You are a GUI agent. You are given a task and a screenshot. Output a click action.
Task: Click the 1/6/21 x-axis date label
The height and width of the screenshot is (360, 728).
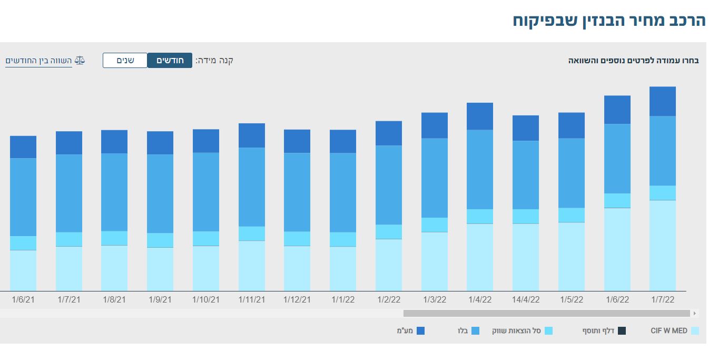click(x=23, y=299)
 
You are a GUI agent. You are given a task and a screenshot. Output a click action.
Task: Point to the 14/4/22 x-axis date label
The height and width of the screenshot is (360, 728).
click(x=526, y=299)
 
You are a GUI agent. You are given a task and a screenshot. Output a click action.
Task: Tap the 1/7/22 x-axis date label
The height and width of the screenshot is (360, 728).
click(x=663, y=299)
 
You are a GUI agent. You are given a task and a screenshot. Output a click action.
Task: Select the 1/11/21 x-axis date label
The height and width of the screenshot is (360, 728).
click(x=252, y=299)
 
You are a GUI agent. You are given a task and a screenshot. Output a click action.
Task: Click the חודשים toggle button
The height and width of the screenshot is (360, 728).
click(x=170, y=60)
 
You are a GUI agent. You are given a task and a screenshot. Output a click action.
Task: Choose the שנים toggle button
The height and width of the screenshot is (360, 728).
click(x=125, y=60)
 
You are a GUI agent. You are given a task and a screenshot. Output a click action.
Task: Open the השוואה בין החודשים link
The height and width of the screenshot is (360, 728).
click(x=38, y=60)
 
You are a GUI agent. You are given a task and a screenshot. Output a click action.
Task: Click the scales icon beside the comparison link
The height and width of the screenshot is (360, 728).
click(x=80, y=60)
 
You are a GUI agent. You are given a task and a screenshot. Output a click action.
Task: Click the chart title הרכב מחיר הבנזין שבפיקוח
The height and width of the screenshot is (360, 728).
click(x=609, y=21)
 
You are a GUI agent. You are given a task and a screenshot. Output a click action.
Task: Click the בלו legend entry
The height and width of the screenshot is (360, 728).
click(x=468, y=331)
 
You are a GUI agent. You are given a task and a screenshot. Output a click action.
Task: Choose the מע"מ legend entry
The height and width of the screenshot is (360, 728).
click(x=410, y=331)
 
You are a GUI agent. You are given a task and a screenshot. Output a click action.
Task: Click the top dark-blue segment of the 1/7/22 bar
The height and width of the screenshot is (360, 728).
click(x=663, y=101)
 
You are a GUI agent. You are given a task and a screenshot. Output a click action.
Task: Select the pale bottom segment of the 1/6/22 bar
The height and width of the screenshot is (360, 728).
click(x=617, y=249)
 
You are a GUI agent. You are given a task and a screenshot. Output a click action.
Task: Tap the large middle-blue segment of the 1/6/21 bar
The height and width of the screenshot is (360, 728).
click(x=23, y=197)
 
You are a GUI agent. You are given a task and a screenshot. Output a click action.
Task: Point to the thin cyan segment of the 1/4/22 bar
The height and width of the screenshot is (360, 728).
click(x=480, y=217)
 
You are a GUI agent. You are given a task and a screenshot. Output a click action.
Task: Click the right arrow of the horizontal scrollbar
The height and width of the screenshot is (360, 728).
click(x=695, y=314)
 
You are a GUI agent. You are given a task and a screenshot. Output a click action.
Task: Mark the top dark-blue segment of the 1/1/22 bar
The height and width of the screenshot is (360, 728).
click(x=343, y=141)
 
